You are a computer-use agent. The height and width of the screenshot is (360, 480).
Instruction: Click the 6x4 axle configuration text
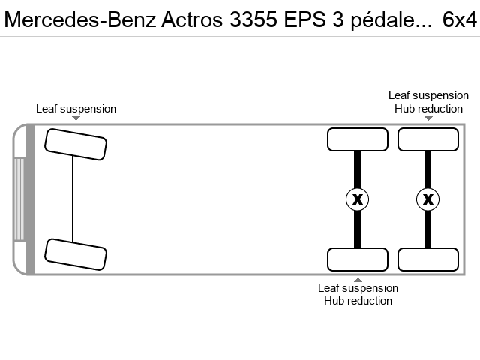pyautogui.click(x=459, y=19)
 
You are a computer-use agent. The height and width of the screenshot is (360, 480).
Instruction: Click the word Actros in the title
pyautogui.click(x=192, y=19)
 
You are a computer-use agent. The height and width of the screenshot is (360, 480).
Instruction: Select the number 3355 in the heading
pyautogui.click(x=253, y=19)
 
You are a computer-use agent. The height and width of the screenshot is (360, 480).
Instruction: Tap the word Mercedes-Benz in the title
pyautogui.click(x=80, y=19)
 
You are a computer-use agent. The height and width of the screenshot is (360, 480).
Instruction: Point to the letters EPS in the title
pyautogui.click(x=304, y=19)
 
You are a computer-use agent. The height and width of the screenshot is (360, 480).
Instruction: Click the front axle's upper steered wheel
pyautogui.click(x=76, y=145)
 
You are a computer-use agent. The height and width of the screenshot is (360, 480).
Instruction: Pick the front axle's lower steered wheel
pyautogui.click(x=76, y=254)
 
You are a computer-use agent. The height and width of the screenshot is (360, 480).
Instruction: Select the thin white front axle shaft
pyautogui.click(x=76, y=199)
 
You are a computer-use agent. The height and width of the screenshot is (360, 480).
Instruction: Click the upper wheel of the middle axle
pyautogui.click(x=358, y=139)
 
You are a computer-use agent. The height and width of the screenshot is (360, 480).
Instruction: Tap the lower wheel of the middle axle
pyautogui.click(x=358, y=259)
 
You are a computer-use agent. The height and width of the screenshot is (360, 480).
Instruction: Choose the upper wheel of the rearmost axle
pyautogui.click(x=428, y=139)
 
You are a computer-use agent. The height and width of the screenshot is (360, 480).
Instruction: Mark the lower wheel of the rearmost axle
pyautogui.click(x=428, y=259)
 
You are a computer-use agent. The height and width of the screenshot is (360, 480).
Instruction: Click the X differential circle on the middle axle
pyautogui.click(x=357, y=199)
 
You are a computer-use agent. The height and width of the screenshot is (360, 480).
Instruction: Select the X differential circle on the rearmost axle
pyautogui.click(x=428, y=199)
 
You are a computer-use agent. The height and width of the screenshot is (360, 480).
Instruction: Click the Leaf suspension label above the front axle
pyautogui.click(x=76, y=109)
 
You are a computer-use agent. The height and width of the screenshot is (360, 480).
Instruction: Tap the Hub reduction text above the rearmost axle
pyautogui.click(x=428, y=109)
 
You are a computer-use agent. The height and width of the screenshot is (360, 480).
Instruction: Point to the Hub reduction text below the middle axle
pyautogui.click(x=358, y=301)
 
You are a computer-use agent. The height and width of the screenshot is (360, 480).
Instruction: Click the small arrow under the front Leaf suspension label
pyautogui.click(x=76, y=118)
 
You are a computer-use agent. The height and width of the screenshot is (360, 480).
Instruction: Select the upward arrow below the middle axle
pyautogui.click(x=358, y=280)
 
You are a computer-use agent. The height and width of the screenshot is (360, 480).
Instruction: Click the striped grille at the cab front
pyautogui.click(x=19, y=199)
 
